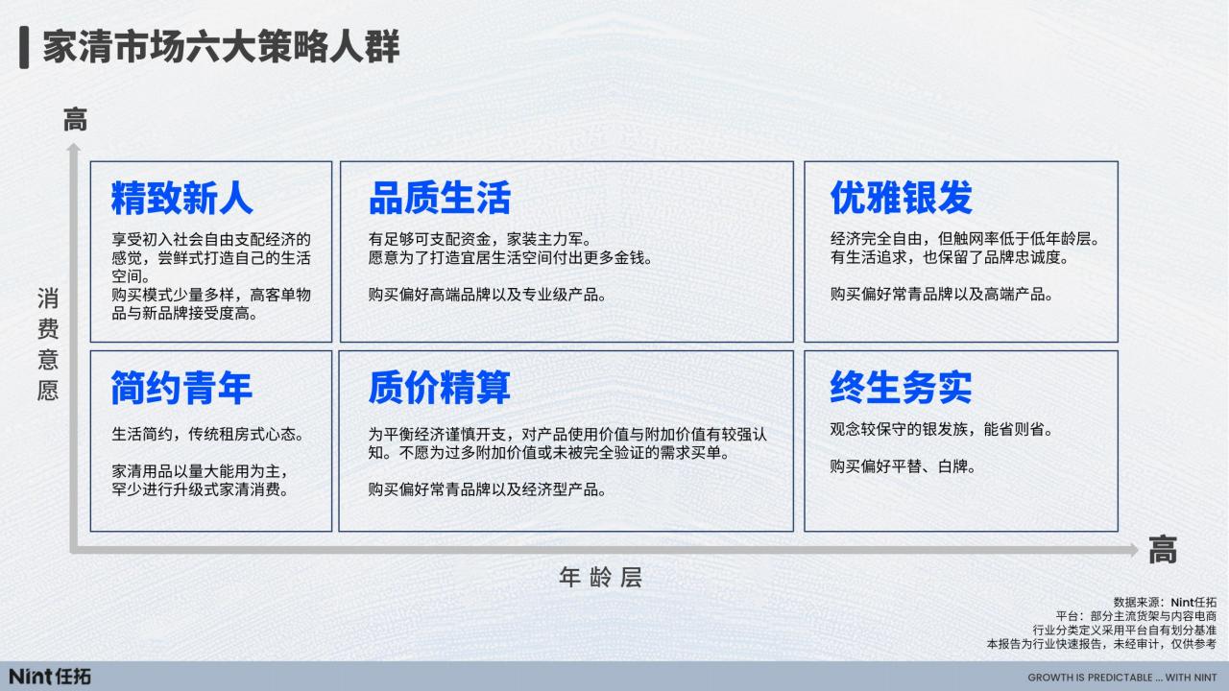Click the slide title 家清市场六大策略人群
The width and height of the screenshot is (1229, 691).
tap(221, 47)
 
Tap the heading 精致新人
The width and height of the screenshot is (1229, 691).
tap(181, 198)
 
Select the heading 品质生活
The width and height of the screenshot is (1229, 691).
tap(440, 198)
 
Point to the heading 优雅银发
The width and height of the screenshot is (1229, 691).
tap(901, 198)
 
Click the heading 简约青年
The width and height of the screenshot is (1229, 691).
tap(181, 388)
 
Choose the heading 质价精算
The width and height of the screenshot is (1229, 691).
tap(440, 388)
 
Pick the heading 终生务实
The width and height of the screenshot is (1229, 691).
tap(901, 388)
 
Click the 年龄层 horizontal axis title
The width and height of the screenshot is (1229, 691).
tap(601, 578)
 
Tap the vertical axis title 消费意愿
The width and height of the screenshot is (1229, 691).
tap(48, 344)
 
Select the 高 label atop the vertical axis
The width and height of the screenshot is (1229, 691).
tap(75, 120)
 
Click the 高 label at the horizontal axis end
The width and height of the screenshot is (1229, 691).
tap(1163, 550)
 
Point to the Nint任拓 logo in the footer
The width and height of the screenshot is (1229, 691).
tap(50, 677)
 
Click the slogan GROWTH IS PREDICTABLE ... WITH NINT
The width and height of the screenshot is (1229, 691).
tap(1122, 678)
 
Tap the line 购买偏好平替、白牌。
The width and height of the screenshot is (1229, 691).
tap(903, 466)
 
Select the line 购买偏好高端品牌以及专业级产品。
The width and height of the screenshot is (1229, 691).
tap(487, 295)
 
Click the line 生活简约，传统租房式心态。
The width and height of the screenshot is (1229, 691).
tap(208, 435)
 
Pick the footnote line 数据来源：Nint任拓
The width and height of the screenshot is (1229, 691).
tap(1165, 602)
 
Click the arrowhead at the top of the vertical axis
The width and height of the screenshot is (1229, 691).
tap(74, 148)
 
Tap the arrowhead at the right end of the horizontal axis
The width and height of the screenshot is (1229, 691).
tap(1132, 550)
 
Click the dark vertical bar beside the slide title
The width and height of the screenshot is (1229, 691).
tap(24, 48)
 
